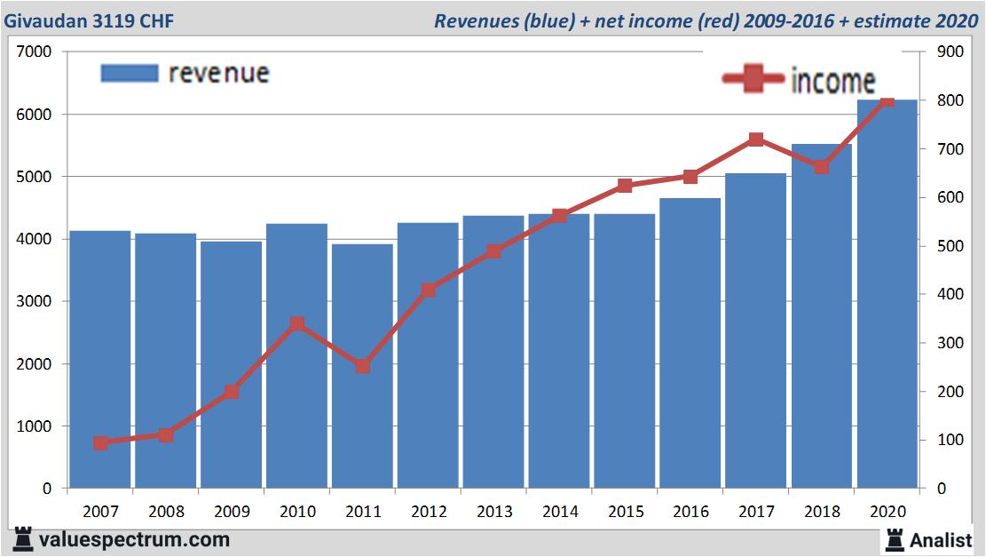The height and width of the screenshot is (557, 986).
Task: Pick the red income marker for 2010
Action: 297,324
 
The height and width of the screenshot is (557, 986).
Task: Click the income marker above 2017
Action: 756,139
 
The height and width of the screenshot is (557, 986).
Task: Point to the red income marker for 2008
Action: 166,435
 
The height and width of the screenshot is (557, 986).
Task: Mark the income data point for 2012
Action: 429,290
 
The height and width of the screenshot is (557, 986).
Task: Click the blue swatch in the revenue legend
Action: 130,73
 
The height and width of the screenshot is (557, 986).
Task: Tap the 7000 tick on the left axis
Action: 35,52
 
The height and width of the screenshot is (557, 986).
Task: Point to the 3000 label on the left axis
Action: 35,302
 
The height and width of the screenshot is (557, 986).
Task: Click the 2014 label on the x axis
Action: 559,511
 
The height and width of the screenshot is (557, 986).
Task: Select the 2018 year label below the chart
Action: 822,511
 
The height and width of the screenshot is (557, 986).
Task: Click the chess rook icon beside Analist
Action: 894,539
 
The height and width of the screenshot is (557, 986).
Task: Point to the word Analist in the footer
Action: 942,540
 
